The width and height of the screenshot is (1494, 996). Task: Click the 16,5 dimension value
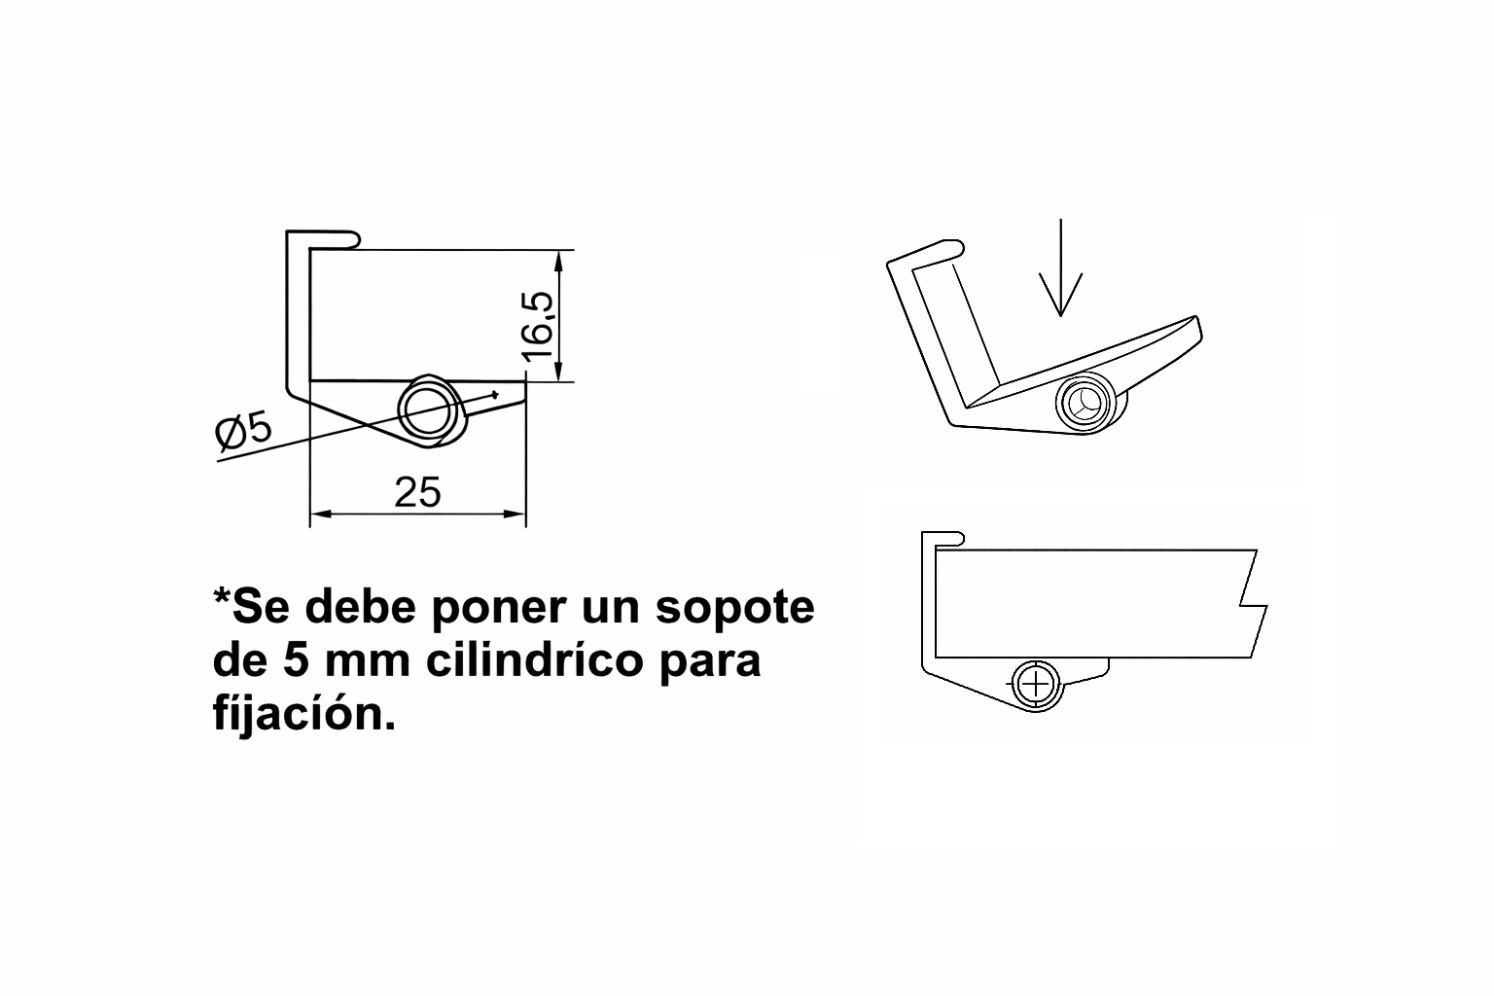[x=538, y=326]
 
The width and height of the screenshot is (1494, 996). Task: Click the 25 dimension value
[x=417, y=492]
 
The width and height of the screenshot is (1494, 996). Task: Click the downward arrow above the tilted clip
[x=1060, y=267]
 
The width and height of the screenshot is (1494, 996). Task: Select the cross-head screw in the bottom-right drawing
[x=1036, y=685]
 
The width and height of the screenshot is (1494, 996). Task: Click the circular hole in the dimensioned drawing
[x=428, y=410]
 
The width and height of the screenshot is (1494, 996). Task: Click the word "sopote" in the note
[x=734, y=609]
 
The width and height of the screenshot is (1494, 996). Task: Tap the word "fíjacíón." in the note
[x=304, y=715]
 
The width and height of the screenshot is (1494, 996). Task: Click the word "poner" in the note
[x=499, y=609]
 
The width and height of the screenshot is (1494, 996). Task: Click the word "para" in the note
[x=711, y=663]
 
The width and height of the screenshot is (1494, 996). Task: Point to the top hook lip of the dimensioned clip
[x=324, y=239]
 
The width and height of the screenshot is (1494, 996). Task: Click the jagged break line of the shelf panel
[x=1252, y=604]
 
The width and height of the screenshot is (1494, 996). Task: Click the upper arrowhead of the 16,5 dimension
[x=559, y=260]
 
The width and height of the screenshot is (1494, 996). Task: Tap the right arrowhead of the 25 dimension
[x=515, y=514]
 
